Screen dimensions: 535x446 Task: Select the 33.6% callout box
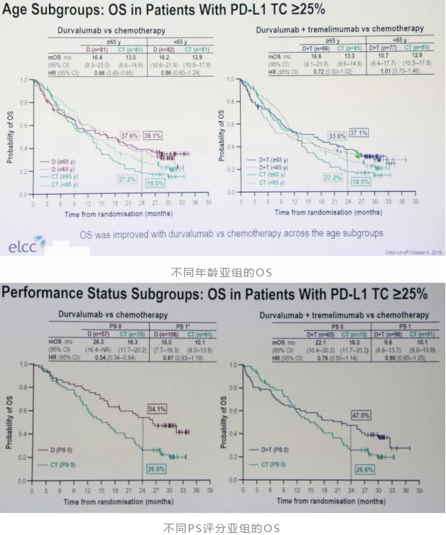pos(337,136)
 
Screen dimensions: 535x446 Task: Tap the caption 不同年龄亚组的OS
pos(222,272)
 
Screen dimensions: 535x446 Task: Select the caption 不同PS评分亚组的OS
pos(222,526)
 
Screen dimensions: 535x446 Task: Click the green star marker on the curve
pos(358,154)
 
